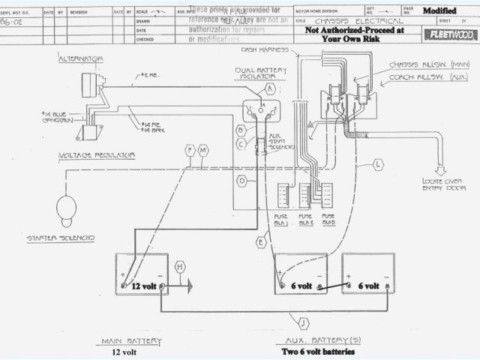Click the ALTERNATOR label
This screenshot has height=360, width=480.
pos(82,58)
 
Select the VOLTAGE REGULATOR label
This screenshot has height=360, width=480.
pos(97,155)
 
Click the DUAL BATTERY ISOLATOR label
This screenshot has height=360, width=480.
pos(259,73)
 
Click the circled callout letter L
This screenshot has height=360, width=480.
pos(378,163)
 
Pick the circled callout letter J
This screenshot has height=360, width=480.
pos(303,323)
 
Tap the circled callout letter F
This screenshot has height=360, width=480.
pos(190,151)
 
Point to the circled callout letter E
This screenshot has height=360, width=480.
pos(261,242)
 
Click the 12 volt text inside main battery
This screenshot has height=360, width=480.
pos(145,286)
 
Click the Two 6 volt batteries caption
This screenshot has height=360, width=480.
pos(317,351)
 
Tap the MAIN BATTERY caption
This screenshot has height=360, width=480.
pos(133,341)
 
